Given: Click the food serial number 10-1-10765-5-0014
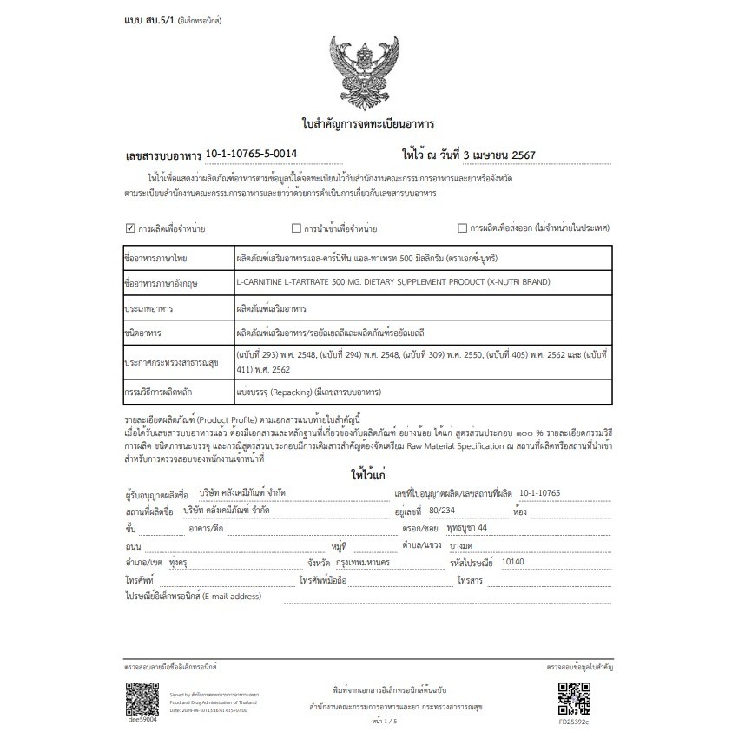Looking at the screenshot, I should click(251, 154).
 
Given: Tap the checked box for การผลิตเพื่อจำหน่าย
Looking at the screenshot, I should click(130, 228).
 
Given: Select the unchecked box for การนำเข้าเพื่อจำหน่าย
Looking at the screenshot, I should click(296, 228).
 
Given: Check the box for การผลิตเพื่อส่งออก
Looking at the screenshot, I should click(462, 228).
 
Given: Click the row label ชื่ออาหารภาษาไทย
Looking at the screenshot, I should click(157, 259).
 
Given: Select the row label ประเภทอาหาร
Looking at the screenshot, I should click(150, 307).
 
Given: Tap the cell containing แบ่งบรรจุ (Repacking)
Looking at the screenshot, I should click(308, 392).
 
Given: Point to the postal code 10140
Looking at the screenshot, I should click(515, 563).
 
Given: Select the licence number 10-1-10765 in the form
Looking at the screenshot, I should click(539, 492).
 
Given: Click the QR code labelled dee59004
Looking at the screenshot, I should click(142, 696).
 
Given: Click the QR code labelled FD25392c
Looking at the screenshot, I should click(573, 696).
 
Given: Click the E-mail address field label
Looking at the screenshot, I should click(193, 597).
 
